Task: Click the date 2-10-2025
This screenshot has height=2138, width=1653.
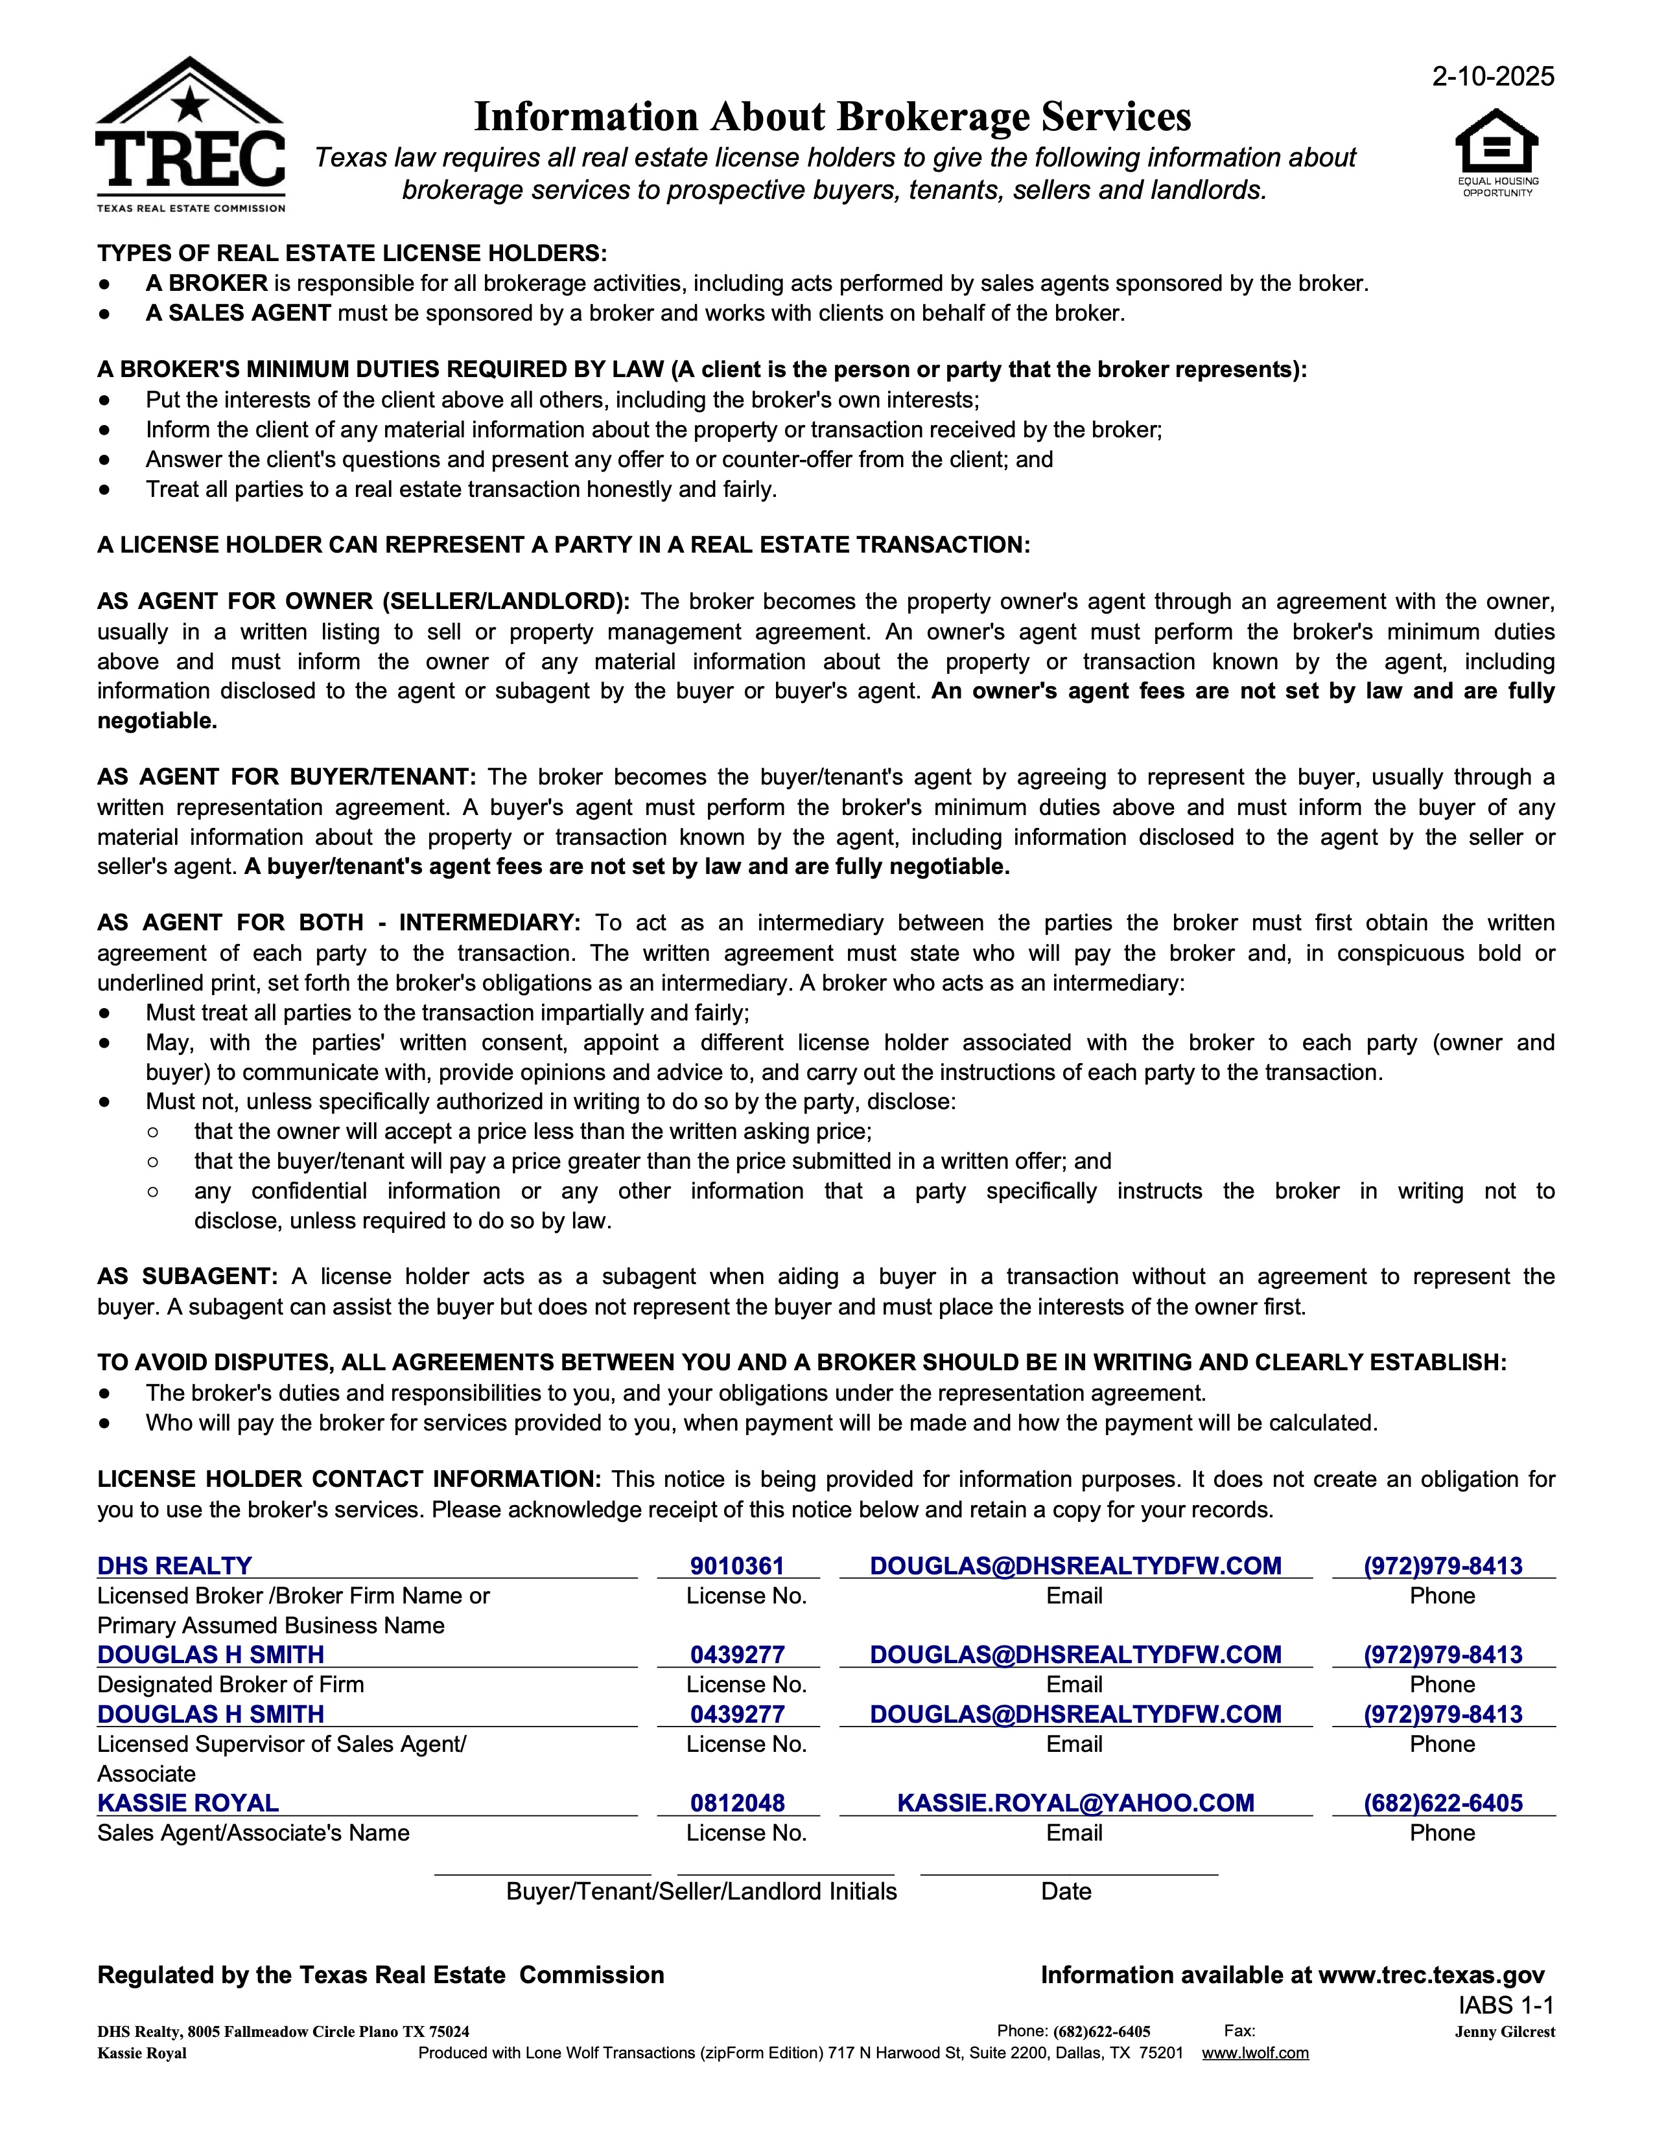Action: [x=1492, y=76]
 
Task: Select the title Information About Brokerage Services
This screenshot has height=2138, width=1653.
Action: [x=832, y=117]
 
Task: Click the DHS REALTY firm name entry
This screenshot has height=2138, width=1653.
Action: [x=174, y=1565]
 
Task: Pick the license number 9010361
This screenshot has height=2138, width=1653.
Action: [x=738, y=1565]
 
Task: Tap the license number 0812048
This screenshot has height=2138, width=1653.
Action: [x=738, y=1802]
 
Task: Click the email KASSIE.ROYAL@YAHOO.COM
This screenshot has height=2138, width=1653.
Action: [x=1075, y=1802]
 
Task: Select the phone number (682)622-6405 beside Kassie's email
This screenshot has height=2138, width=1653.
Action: [x=1442, y=1802]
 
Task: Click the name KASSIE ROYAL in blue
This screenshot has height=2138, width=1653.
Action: [x=188, y=1802]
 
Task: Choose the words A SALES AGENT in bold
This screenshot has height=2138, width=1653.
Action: [x=238, y=314]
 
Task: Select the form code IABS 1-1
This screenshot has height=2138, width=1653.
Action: [x=1506, y=2005]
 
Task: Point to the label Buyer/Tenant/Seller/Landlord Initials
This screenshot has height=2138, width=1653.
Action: [x=701, y=1891]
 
